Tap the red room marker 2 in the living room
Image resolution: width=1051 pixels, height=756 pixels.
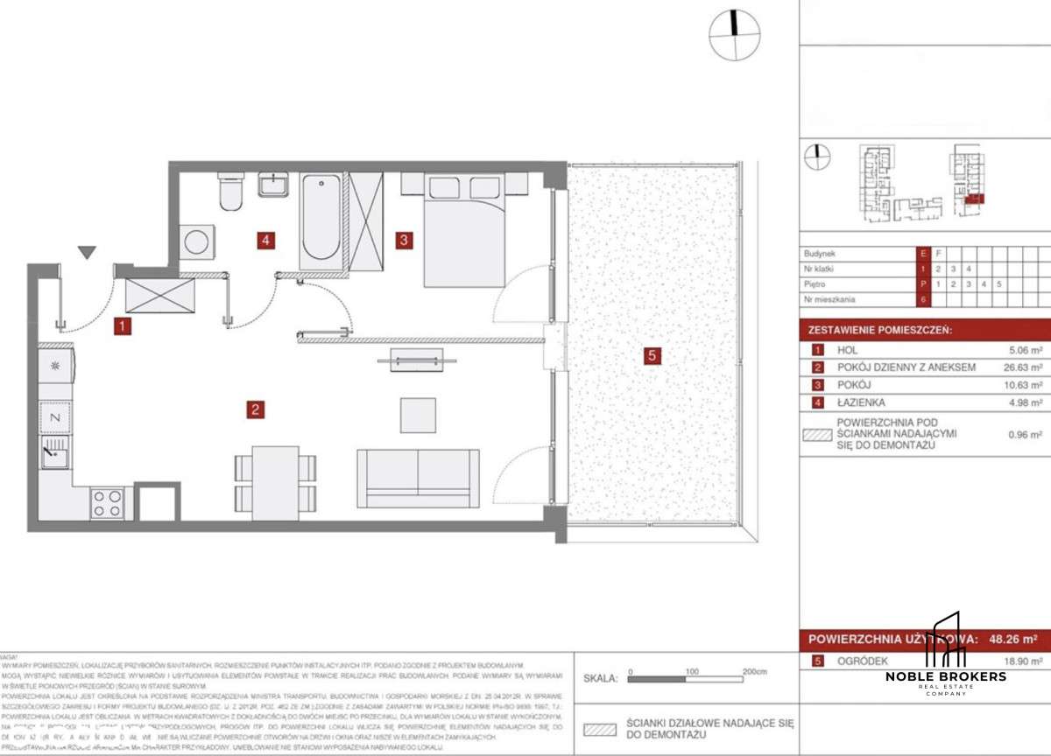pos(255,409)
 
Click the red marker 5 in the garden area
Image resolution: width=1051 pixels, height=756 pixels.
pos(650,355)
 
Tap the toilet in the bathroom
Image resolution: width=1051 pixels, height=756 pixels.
pos(231,192)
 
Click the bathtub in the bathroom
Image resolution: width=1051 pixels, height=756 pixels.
pos(321,220)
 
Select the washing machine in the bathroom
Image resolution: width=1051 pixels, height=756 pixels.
pos(196,241)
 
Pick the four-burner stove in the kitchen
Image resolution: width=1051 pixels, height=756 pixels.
pos(107,502)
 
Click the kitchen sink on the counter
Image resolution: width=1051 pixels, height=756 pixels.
pos(55,456)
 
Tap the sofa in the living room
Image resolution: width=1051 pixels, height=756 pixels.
pos(418,478)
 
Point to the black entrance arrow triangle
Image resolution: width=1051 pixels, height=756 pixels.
pos(86,253)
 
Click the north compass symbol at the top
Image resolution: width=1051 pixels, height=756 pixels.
pos(734,34)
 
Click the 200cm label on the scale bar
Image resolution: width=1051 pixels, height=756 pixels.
pos(754,671)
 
